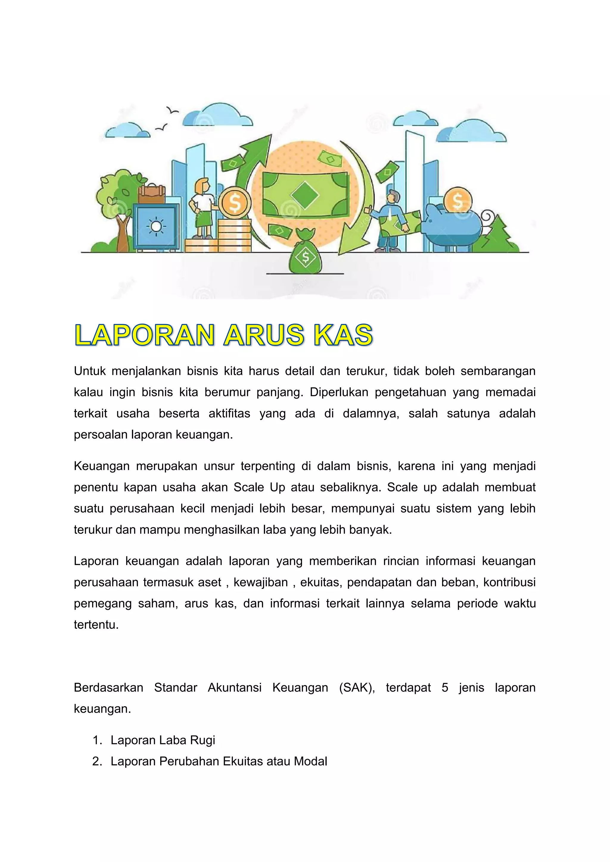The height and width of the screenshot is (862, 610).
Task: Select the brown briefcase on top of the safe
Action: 152,194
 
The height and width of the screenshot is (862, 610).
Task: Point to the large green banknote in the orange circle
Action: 305,194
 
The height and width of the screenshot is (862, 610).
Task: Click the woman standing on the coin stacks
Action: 203,208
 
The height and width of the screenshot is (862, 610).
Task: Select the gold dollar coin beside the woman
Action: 234,203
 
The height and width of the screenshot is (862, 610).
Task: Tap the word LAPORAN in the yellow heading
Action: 145,335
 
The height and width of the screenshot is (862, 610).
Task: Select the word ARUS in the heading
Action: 263,335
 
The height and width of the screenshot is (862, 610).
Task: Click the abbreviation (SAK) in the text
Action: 357,687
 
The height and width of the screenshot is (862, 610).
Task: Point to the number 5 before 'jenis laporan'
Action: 445,687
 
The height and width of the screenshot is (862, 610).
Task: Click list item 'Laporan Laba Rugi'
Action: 163,740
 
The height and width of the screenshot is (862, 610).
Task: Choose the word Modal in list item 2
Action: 310,761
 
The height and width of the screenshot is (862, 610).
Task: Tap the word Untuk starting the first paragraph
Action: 90,371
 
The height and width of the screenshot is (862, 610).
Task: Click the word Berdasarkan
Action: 108,687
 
